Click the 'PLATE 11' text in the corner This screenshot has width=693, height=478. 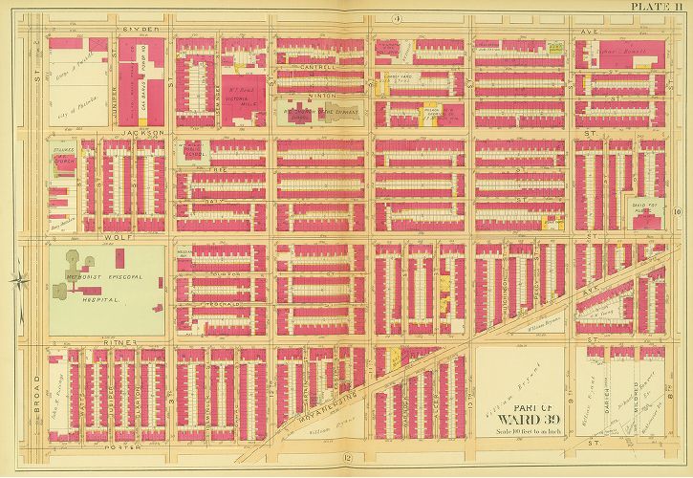660,7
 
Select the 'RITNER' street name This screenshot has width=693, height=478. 130,341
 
